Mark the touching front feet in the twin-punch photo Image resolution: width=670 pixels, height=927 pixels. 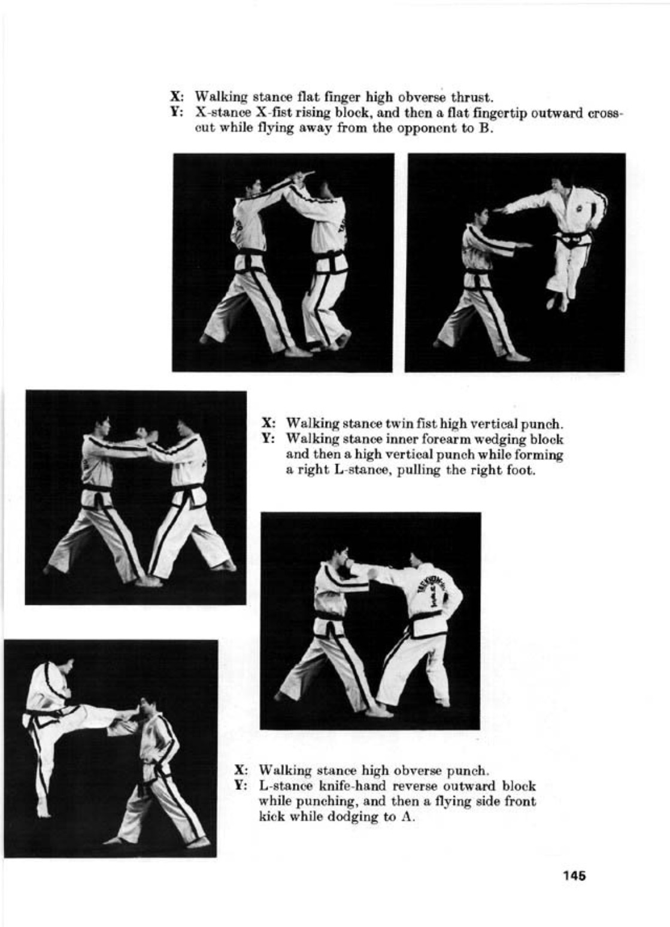coord(149,580)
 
